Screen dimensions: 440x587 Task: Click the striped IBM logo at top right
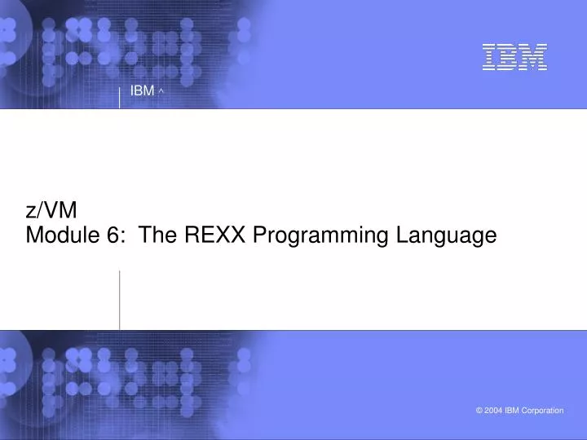pos(514,57)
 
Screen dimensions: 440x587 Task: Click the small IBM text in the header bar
pos(142,90)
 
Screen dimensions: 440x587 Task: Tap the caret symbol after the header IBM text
pos(162,91)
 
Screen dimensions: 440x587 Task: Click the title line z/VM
pos(51,210)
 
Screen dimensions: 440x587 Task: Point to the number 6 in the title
pos(113,235)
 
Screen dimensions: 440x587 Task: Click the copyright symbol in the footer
pos(479,411)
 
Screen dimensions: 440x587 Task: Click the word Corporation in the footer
pos(542,411)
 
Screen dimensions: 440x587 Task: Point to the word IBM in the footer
pos(513,411)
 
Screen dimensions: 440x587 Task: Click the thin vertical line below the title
pos(120,299)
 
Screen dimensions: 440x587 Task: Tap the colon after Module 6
pos(123,237)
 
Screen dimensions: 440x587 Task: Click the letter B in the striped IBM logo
pos(510,57)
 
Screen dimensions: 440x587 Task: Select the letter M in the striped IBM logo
pos(533,57)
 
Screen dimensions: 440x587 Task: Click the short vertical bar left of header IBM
pos(120,95)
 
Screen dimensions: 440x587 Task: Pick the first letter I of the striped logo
pos(489,57)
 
